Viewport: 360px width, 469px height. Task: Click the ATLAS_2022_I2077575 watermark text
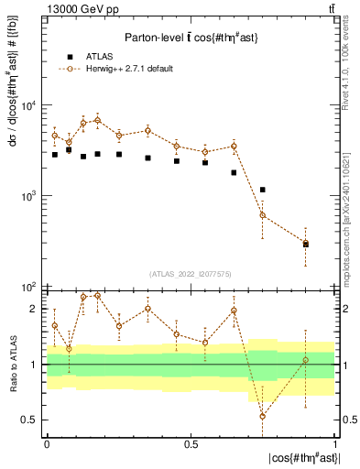tap(191, 273)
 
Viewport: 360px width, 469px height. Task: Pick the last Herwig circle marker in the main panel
tap(306, 243)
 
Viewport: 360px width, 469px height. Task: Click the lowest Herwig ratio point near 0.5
tap(263, 416)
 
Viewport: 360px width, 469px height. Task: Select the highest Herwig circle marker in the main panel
tap(98, 120)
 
